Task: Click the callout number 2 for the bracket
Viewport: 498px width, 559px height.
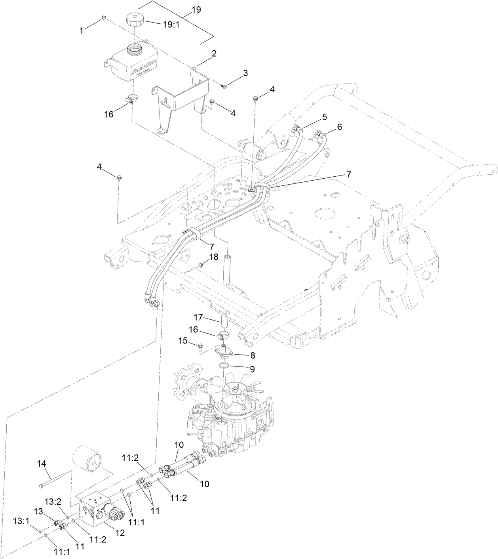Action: click(214, 54)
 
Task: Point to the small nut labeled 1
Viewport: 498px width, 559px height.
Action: click(103, 18)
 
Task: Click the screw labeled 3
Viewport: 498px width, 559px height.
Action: click(224, 86)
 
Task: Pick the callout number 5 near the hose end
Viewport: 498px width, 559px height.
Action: click(324, 117)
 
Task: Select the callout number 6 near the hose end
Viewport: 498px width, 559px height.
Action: click(339, 127)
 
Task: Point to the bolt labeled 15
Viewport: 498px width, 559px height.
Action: click(200, 347)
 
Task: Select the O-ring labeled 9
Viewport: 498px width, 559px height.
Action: click(224, 365)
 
